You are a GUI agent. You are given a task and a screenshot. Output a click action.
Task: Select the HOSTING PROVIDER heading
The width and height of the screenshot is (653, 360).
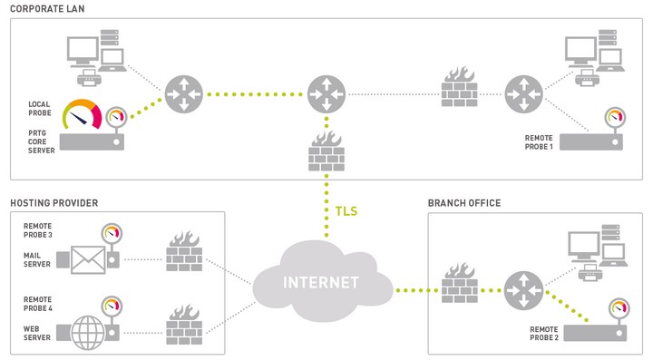[x=54, y=202]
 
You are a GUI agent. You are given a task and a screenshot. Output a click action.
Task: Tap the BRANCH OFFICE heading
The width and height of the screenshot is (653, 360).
[x=463, y=202]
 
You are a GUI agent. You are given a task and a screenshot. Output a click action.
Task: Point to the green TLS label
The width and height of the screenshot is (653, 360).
[x=346, y=211]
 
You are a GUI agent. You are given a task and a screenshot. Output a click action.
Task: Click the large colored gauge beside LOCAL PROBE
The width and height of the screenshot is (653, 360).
[x=83, y=113]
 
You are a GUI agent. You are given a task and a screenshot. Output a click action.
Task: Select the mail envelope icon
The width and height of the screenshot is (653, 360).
[x=88, y=260]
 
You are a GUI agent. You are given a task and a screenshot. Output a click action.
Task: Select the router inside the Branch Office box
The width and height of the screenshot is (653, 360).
[x=522, y=290]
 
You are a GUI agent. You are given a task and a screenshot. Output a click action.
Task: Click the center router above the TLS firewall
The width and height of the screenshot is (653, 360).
[x=326, y=93]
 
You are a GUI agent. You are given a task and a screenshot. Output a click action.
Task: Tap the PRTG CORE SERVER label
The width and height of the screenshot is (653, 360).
[x=41, y=141]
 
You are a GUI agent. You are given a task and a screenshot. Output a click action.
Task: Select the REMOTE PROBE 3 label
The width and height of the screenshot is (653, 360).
[x=40, y=230]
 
